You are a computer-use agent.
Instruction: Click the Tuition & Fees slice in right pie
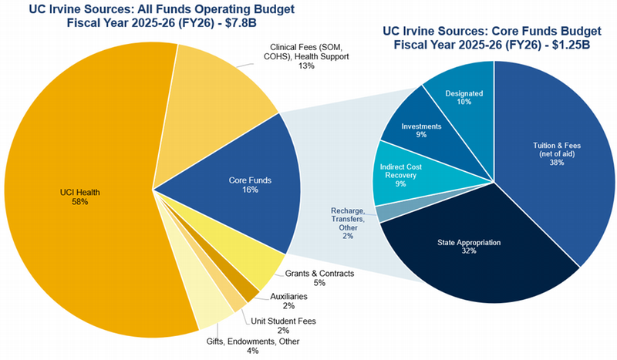coord(551,154)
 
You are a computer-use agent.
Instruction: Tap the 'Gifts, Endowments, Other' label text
coord(252,341)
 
